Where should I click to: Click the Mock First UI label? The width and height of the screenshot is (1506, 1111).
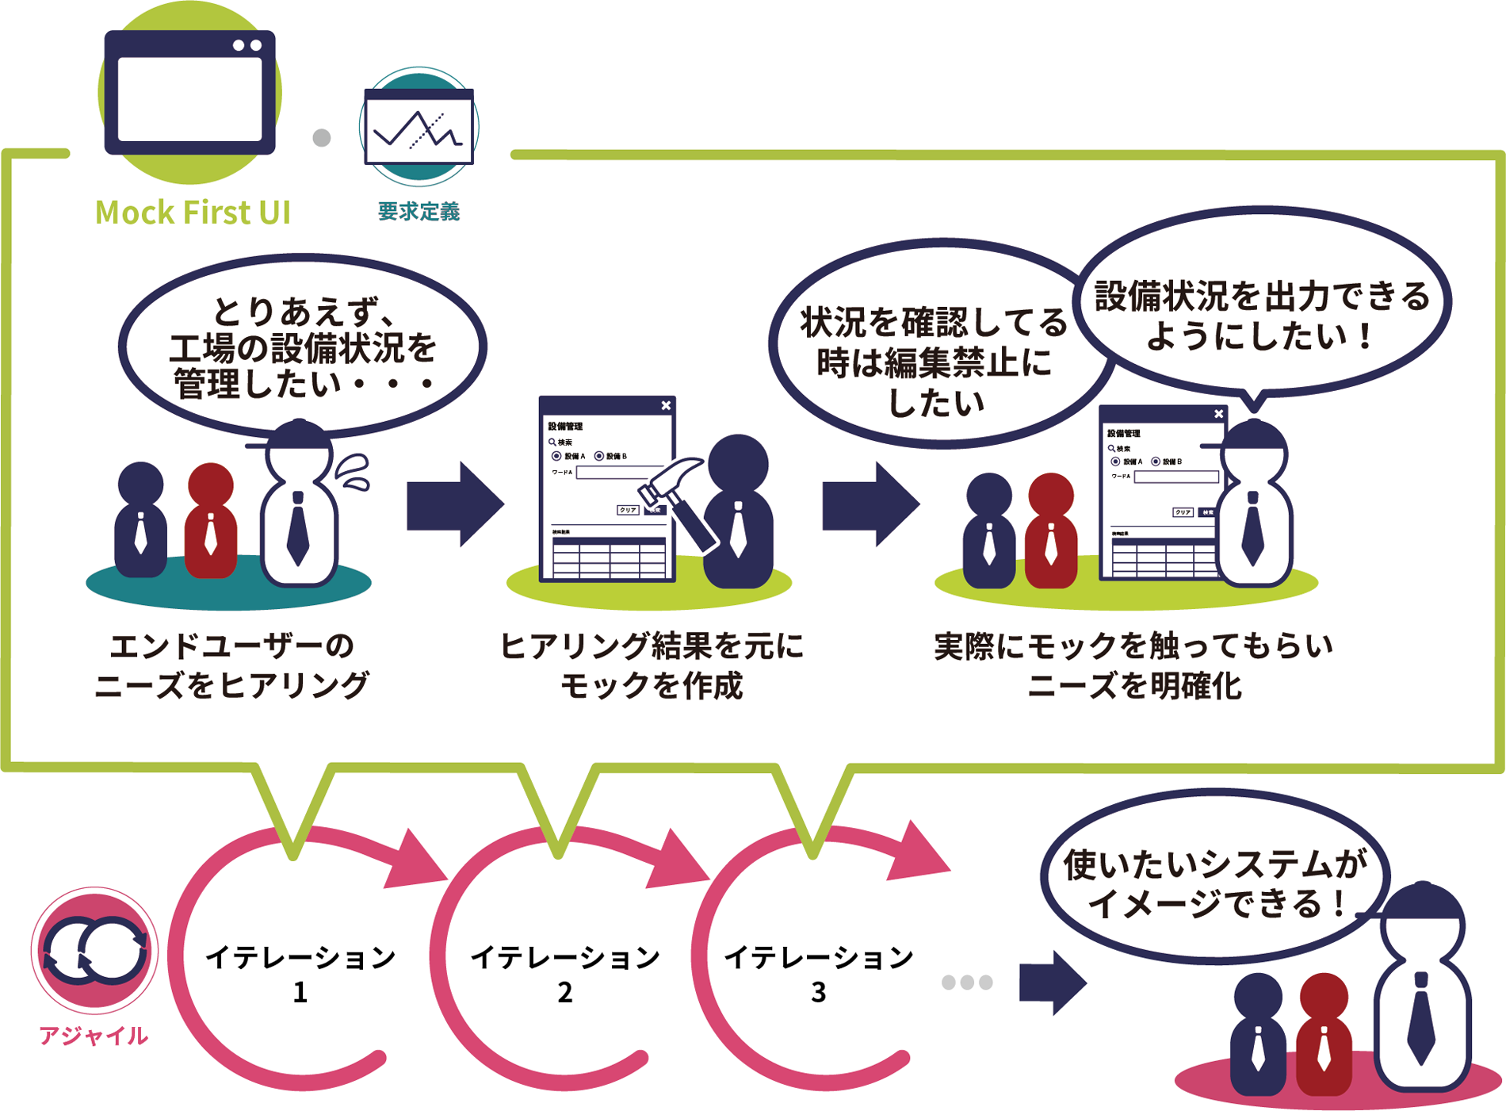click(193, 213)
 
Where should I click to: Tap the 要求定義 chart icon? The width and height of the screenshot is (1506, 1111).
click(419, 126)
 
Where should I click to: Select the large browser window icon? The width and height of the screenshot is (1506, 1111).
click(190, 93)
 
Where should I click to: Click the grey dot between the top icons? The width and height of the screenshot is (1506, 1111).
click(321, 138)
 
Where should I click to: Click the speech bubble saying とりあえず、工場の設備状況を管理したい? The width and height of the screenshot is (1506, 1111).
click(302, 347)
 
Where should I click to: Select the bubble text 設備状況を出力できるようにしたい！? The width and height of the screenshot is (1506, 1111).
click(1262, 316)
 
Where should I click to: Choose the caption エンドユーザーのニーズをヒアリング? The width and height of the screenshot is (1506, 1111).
click(231, 665)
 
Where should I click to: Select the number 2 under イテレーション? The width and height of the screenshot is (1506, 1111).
click(564, 992)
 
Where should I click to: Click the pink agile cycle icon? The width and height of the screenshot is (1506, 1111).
click(95, 950)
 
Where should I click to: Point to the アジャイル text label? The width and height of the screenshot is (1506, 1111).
click(94, 1036)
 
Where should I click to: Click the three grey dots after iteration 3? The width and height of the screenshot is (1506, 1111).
click(967, 983)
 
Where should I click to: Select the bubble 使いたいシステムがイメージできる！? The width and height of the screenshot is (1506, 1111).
click(1214, 883)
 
